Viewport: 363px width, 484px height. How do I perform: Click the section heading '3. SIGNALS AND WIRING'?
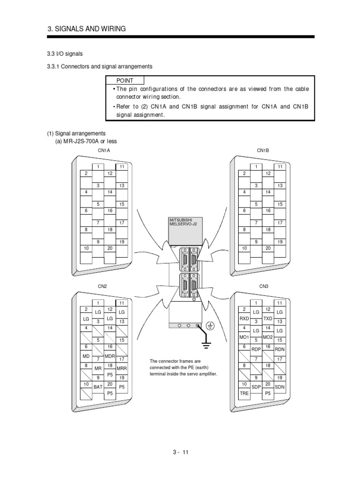[87, 29]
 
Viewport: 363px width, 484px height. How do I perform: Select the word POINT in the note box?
[125, 81]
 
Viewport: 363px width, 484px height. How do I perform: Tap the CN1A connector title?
[104, 151]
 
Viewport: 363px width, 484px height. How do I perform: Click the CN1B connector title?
[263, 151]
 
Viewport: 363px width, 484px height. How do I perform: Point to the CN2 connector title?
[103, 286]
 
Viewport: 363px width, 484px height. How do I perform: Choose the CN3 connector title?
[264, 286]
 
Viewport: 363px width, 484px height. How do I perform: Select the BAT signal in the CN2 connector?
[98, 387]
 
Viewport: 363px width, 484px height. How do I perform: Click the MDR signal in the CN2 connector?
[110, 355]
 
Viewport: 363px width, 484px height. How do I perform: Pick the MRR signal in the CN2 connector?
[121, 368]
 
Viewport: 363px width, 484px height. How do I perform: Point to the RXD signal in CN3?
[244, 319]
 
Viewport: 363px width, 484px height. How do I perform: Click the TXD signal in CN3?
[268, 319]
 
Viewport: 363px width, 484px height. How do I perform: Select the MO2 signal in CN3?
[268, 337]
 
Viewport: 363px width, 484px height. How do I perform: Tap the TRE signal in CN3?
[244, 393]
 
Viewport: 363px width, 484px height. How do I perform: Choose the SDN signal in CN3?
[280, 387]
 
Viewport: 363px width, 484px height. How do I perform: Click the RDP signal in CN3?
[256, 350]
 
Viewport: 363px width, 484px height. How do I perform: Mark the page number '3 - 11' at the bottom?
[181, 452]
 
